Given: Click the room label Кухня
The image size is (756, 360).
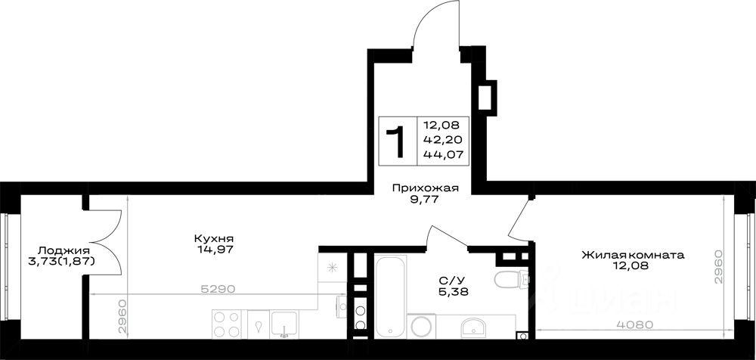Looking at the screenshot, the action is (x=214, y=238).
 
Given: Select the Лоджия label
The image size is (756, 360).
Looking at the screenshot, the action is (x=64, y=250).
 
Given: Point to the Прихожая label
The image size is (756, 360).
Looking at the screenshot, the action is (x=425, y=188).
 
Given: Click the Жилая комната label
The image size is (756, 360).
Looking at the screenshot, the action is (x=633, y=254).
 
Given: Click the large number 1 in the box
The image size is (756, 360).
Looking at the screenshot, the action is (x=396, y=142).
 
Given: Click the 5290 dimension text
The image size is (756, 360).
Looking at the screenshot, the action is (x=218, y=289).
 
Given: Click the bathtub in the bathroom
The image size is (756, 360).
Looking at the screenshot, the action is (x=391, y=296).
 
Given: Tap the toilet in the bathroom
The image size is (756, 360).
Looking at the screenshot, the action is (x=512, y=279).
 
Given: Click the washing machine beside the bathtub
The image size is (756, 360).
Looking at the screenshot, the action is (x=421, y=326).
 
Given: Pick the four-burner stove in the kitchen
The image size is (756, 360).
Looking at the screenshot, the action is (x=227, y=324).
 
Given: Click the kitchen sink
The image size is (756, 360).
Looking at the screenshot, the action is (x=284, y=324).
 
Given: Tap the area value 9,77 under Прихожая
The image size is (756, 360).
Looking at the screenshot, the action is (x=425, y=200).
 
